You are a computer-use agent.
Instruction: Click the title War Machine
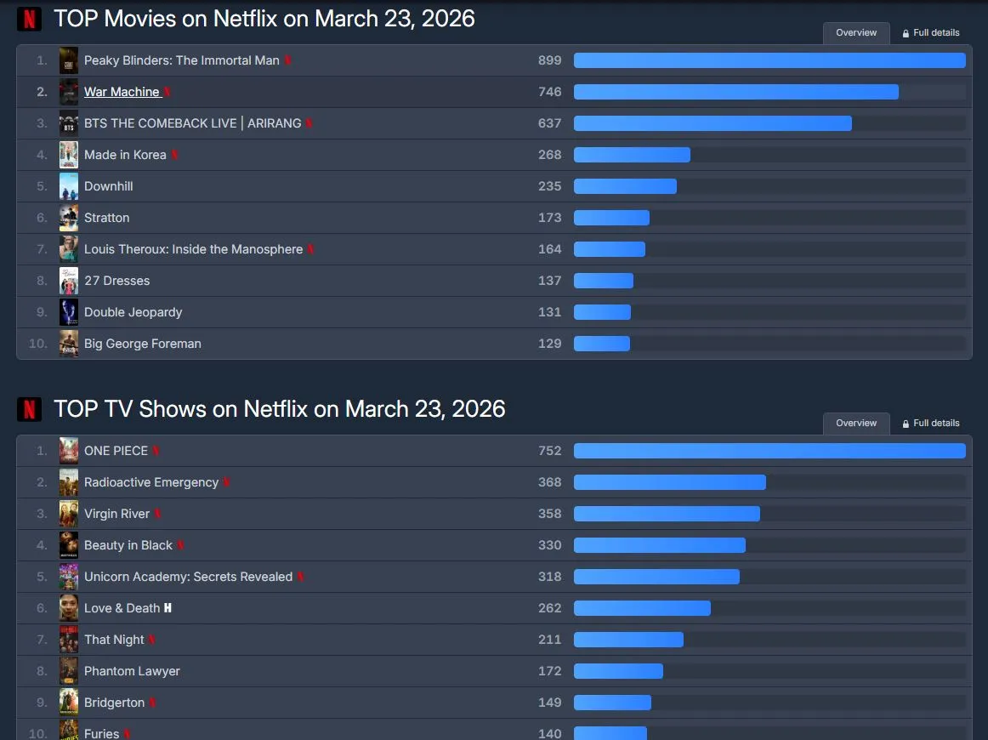[x=122, y=92]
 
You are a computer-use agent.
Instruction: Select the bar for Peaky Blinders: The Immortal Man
[x=769, y=60]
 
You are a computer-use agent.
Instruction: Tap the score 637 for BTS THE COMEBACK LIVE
[x=549, y=123]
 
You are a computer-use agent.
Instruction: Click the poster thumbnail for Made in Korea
[x=69, y=155]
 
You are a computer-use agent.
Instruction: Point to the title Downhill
[x=109, y=186]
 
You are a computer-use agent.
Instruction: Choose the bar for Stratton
[x=611, y=218]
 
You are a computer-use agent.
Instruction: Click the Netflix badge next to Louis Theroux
[x=311, y=249]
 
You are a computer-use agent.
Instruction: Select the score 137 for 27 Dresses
[x=549, y=281]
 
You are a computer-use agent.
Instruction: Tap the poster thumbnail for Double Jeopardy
[x=69, y=312]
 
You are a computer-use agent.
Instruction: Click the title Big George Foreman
[x=143, y=344]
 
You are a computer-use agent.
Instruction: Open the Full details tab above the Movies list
[x=931, y=33]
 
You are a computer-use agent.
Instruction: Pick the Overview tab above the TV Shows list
[x=856, y=423]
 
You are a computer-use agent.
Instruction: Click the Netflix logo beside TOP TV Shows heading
[x=30, y=409]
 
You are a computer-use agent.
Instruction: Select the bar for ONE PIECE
[x=769, y=451]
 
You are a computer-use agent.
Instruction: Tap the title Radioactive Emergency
[x=151, y=482]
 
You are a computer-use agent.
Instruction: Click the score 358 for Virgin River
[x=549, y=514]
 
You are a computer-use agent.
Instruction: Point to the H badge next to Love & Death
[x=168, y=608]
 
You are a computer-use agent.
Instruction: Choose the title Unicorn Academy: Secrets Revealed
[x=188, y=577]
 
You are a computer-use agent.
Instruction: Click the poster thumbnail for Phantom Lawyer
[x=69, y=671]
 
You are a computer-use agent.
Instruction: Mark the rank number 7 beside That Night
[x=42, y=640]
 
